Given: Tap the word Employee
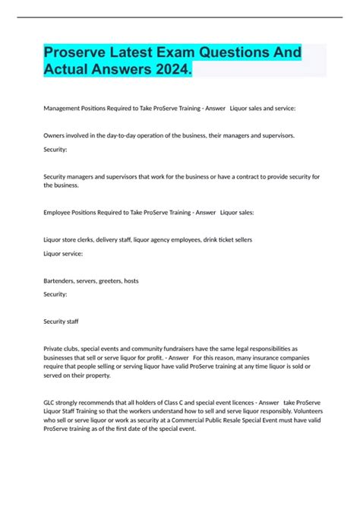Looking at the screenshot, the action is [x=59, y=213].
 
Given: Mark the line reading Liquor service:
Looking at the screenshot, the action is [x=65, y=253].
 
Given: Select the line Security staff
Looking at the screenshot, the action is [x=62, y=322].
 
